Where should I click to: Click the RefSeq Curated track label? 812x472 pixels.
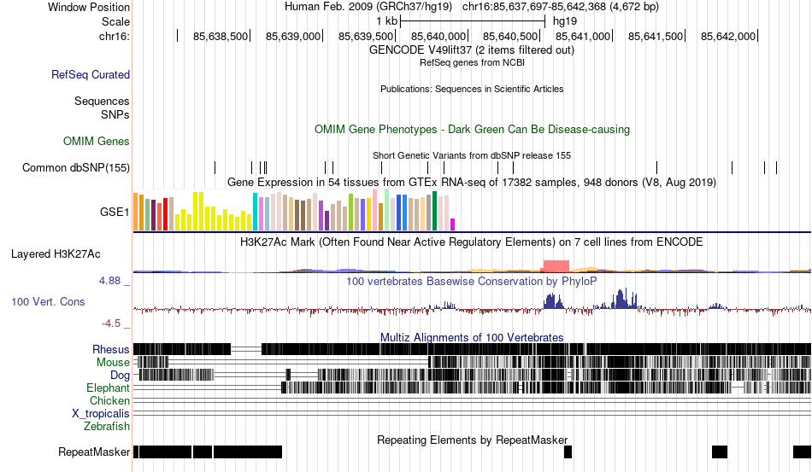(x=91, y=75)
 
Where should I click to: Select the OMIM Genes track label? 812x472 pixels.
(x=97, y=141)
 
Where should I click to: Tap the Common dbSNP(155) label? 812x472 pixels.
(x=76, y=167)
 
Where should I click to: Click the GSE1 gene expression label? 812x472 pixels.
(x=115, y=212)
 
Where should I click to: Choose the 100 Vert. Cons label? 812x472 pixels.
(x=48, y=301)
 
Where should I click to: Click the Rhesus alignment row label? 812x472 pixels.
(x=111, y=349)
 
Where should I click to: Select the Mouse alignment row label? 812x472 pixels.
(x=113, y=362)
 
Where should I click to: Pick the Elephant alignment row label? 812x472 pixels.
(x=108, y=388)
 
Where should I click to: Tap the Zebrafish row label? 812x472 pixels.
(x=107, y=426)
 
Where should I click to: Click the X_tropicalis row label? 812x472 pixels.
(x=101, y=413)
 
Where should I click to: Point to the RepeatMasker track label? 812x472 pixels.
(x=94, y=452)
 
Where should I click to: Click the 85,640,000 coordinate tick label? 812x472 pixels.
(x=438, y=37)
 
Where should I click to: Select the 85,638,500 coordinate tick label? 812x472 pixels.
(x=221, y=37)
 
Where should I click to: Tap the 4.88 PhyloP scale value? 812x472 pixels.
(x=111, y=280)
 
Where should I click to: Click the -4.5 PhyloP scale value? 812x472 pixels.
(x=111, y=323)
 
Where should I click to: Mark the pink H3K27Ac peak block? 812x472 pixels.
(x=556, y=265)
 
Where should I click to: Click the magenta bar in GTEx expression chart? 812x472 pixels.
(x=453, y=224)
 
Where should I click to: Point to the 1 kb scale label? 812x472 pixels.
(x=386, y=20)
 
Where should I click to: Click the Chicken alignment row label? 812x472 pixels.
(x=110, y=400)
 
